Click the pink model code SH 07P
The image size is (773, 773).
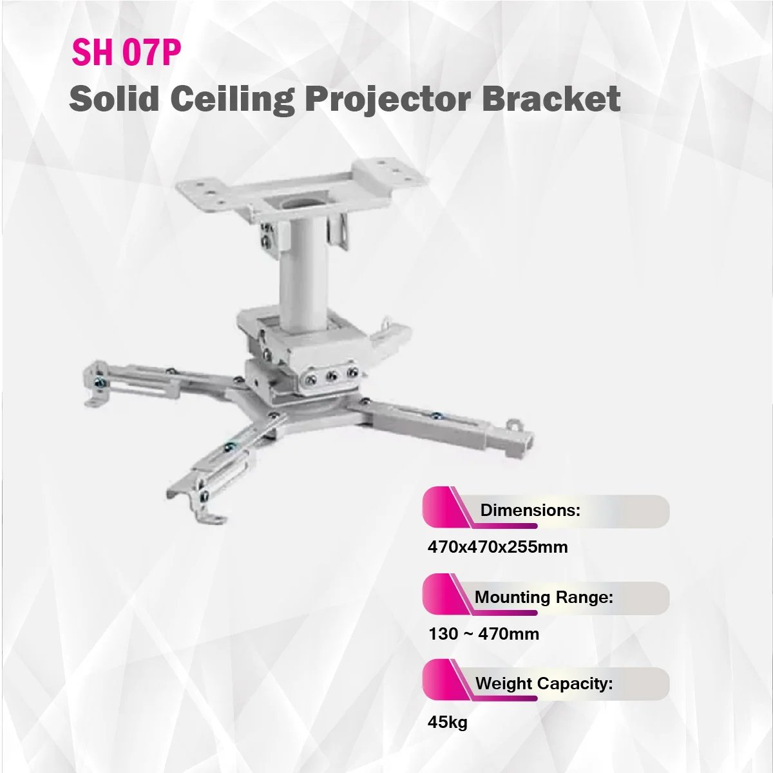[x=126, y=53]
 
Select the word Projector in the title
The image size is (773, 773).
[x=388, y=100]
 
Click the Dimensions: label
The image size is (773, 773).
[x=530, y=510]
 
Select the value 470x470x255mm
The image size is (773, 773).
[x=497, y=547]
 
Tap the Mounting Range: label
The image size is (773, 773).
[x=544, y=597]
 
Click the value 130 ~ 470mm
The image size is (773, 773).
[x=484, y=634]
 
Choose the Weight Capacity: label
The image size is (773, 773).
[x=544, y=683]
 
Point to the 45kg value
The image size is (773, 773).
[x=447, y=723]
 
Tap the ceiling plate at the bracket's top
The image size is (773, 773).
[x=303, y=189]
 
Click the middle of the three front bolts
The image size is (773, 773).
[x=331, y=376]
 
